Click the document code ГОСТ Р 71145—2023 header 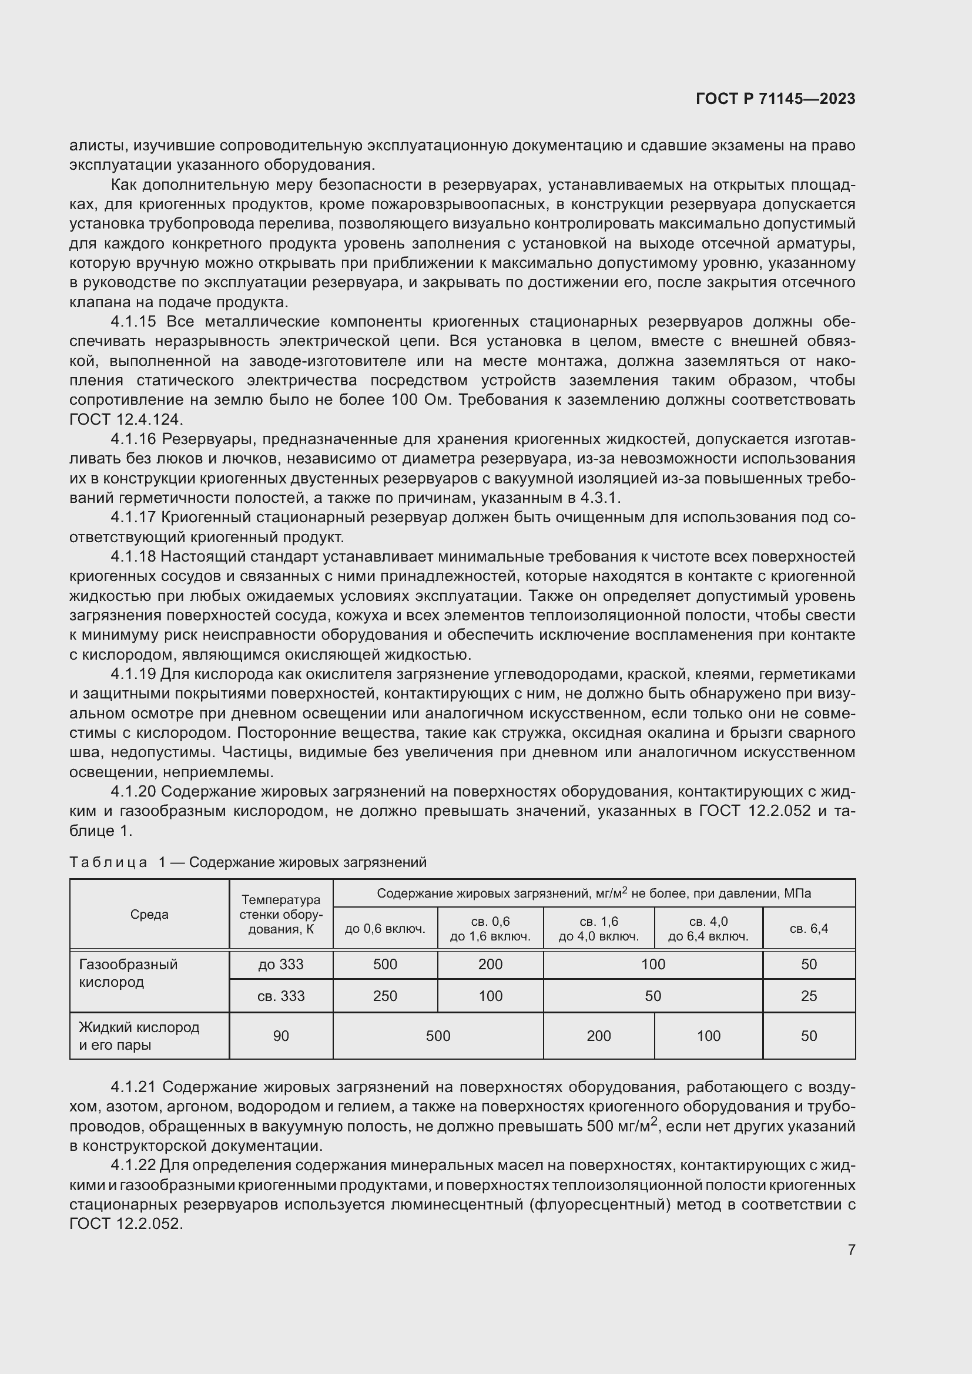(775, 99)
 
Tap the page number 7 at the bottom (851, 1249)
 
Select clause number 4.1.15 (133, 322)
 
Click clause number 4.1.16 (133, 439)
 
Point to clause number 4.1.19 (133, 674)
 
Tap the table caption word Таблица (108, 862)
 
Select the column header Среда (149, 915)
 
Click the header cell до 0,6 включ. (385, 929)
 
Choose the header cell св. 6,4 (809, 929)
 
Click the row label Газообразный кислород (128, 973)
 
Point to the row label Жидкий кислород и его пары (139, 1036)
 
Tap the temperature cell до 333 (281, 965)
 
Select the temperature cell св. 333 (281, 996)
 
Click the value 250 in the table (385, 996)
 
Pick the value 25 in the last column (809, 996)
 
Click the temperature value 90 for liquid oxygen (281, 1036)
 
